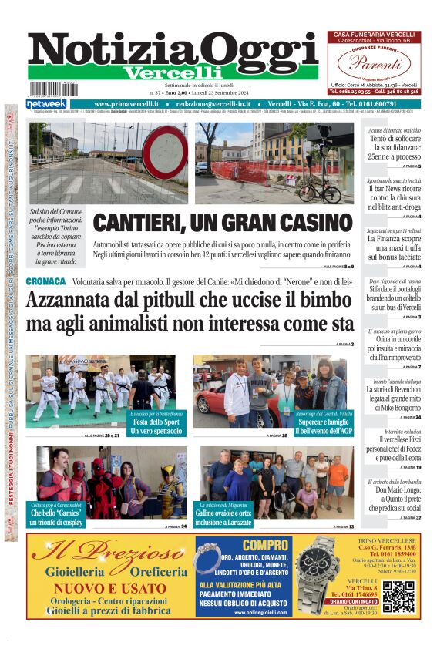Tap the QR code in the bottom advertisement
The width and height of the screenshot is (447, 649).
click(x=398, y=596)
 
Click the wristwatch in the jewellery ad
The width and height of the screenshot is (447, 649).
click(x=317, y=575)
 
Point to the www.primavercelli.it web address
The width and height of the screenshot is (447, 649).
click(x=132, y=104)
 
